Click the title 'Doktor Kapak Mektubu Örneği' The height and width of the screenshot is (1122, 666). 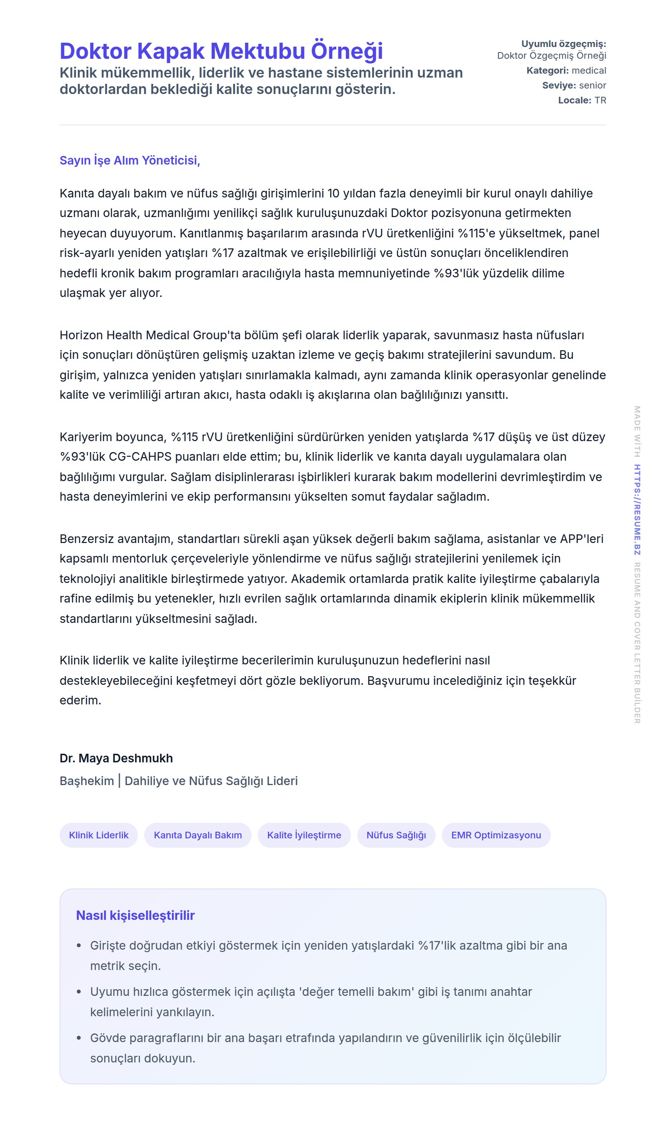[221, 51]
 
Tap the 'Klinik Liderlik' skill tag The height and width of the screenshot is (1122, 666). [98, 835]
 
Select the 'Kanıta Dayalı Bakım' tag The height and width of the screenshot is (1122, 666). [197, 835]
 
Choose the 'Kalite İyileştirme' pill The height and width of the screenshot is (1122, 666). [304, 835]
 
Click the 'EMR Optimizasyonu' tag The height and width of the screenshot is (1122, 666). [496, 835]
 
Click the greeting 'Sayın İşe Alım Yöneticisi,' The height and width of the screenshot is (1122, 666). [130, 160]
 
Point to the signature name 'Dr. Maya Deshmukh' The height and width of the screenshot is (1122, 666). [116, 758]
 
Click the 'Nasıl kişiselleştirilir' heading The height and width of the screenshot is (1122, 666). [135, 915]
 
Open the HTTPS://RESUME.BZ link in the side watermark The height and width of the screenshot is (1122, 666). [637, 509]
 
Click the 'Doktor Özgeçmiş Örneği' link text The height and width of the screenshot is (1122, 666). [551, 55]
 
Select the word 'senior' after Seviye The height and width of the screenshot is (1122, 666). [592, 85]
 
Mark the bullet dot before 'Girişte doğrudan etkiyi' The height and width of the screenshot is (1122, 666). [79, 946]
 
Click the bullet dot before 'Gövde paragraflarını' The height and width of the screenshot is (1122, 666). [79, 1038]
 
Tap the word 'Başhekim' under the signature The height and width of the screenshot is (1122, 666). [87, 781]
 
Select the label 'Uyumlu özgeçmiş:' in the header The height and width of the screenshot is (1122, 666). [563, 43]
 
